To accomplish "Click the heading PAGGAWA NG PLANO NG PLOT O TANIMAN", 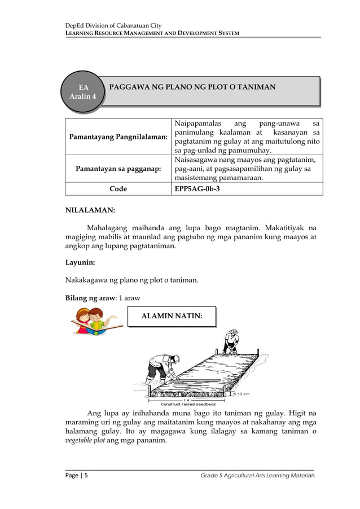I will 192,87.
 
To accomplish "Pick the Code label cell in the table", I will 118,189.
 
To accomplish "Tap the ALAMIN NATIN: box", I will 172,316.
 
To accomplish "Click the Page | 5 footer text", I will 76,476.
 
